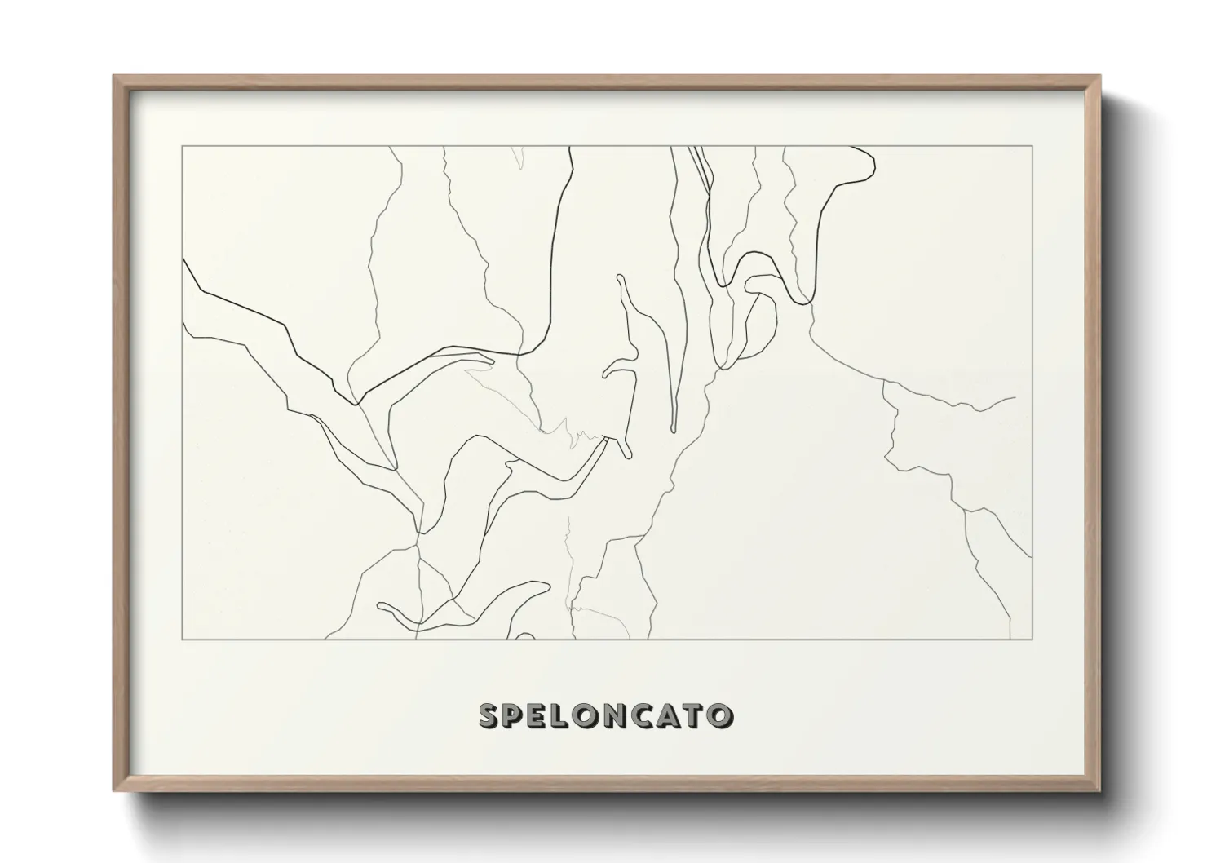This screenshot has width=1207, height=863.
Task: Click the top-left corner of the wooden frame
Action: click(114, 77)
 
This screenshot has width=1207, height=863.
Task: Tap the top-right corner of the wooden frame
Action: click(1100, 77)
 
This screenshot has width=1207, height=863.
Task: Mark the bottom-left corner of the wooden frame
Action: click(114, 791)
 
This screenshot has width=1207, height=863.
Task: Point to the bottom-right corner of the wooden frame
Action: click(1100, 791)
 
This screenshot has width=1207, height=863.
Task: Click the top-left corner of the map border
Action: click(183, 146)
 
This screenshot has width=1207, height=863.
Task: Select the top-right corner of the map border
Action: click(1032, 146)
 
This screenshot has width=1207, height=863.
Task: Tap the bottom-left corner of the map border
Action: click(183, 640)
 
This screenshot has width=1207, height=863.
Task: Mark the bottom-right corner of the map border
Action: click(1032, 640)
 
